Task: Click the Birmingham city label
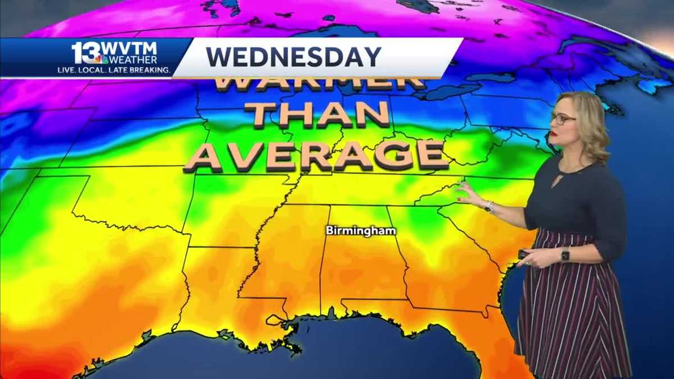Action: click(x=361, y=231)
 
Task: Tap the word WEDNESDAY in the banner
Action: click(x=293, y=57)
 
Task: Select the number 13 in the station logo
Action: click(x=84, y=52)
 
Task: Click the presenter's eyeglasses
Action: click(x=563, y=119)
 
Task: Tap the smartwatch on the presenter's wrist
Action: click(x=564, y=254)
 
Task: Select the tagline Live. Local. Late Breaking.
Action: click(x=114, y=70)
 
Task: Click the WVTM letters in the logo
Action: click(x=130, y=49)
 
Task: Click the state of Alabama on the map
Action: click(x=362, y=258)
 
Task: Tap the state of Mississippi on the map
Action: click(x=292, y=258)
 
